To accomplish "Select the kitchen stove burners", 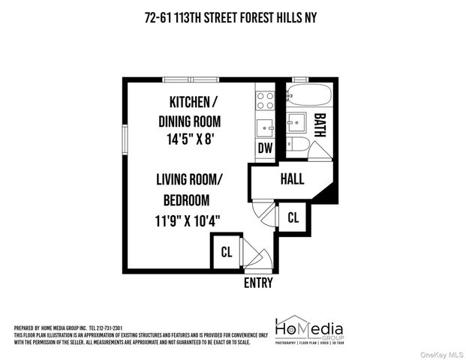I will [265, 97].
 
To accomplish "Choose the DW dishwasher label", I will [265, 148].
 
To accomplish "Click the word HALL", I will [292, 179].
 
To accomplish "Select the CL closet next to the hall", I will [293, 217].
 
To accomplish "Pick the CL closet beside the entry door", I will [226, 252].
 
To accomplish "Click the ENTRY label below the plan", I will [258, 283].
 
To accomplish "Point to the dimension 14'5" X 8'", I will [191, 139].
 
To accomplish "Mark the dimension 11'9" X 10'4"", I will [188, 221].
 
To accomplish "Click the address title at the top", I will [233, 19].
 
